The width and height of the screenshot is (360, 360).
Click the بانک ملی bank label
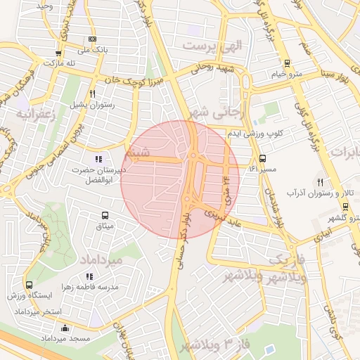pos(94,50)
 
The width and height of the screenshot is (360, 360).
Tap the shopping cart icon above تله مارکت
pos(58,53)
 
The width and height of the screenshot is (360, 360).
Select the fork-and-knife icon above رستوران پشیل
pos(92,94)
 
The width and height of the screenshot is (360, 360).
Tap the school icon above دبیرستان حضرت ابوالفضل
pos(98,159)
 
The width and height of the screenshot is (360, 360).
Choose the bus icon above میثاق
pos(105,215)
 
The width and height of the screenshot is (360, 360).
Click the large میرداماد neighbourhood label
pos(121,260)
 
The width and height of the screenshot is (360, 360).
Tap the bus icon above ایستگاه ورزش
pos(29,285)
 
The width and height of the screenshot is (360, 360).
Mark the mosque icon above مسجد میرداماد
pos(65,328)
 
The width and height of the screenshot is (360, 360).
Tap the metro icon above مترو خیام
pos(287,63)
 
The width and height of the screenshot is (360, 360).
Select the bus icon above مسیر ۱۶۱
pos(263,159)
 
